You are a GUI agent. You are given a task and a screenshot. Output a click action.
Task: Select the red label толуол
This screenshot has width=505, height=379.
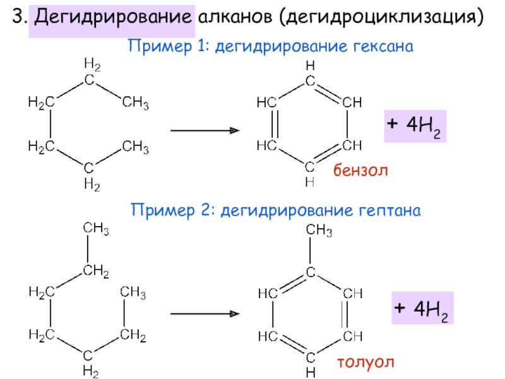(365, 362)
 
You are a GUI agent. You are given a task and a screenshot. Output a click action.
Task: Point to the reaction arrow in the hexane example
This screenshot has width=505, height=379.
(205, 131)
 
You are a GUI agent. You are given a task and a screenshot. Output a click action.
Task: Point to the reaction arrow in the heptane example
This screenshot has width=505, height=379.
(205, 313)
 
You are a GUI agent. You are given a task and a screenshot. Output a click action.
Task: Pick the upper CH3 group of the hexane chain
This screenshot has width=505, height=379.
(136, 101)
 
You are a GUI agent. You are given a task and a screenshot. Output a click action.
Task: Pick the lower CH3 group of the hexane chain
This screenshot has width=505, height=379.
(136, 148)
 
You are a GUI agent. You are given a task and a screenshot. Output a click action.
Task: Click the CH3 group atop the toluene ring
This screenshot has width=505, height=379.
(319, 232)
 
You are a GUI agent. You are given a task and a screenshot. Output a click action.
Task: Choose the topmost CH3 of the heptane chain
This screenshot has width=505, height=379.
(95, 229)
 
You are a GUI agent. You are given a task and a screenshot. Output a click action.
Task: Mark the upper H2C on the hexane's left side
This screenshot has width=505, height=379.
(40, 101)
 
